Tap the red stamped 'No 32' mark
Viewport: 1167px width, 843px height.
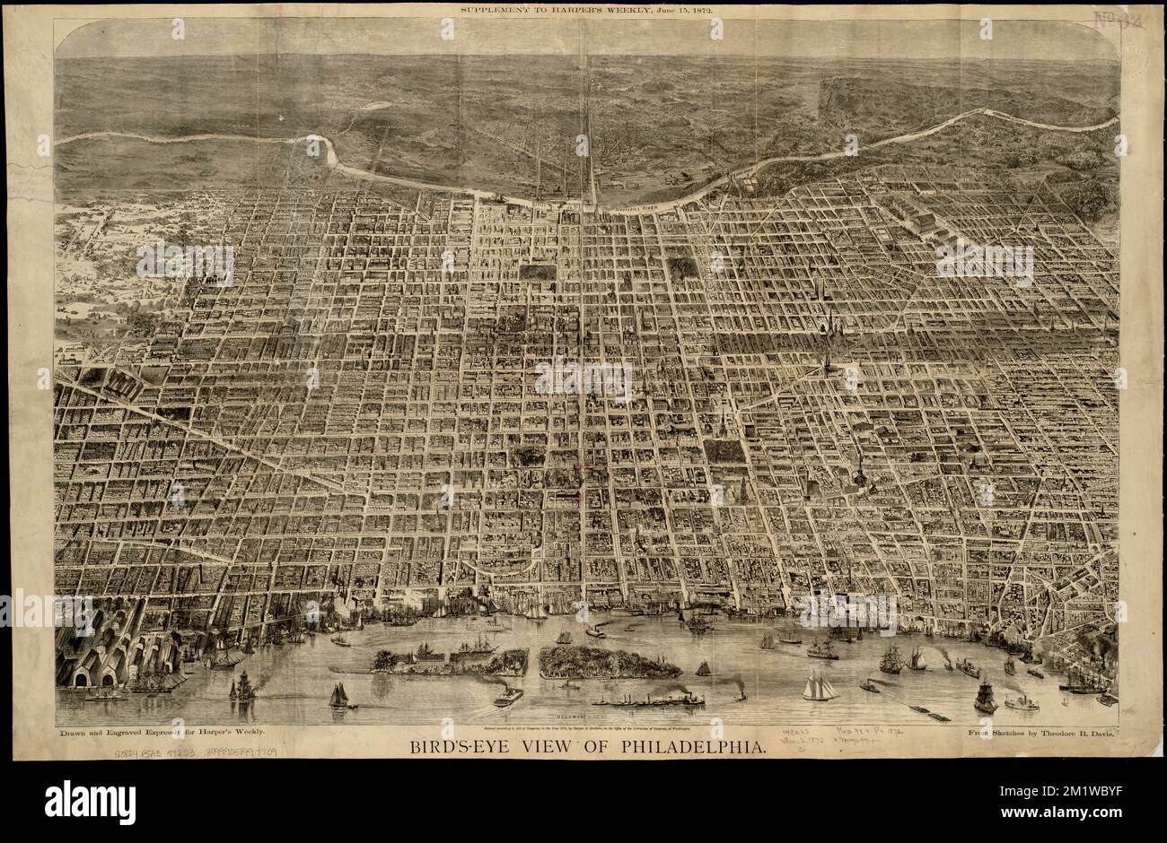pos(1116,20)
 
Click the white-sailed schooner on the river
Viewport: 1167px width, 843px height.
pos(818,686)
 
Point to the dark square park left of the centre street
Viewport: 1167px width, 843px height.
pos(537,272)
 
